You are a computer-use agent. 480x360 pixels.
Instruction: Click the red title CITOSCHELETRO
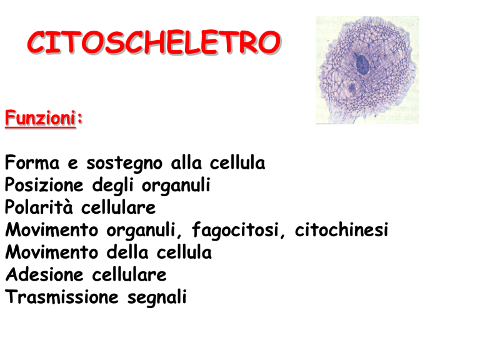click(x=154, y=42)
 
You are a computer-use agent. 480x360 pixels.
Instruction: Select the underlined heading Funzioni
click(x=40, y=118)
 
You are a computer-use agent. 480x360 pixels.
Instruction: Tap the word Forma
click(x=32, y=162)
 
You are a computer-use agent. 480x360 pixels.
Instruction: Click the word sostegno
click(x=124, y=164)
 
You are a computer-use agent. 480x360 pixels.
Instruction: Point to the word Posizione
click(x=44, y=185)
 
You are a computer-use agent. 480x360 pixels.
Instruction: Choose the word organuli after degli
click(x=176, y=186)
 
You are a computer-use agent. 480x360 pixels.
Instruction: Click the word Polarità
click(x=39, y=207)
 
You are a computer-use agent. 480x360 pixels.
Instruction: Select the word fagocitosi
click(x=236, y=230)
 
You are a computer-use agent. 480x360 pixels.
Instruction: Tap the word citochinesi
click(x=341, y=229)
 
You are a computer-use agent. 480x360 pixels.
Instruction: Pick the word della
click(x=127, y=252)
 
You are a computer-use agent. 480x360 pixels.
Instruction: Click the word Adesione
click(x=44, y=274)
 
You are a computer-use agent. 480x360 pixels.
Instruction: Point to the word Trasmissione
click(x=62, y=297)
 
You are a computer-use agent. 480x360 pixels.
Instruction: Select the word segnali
click(x=157, y=297)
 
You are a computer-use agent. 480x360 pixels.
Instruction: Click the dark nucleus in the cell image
click(x=362, y=64)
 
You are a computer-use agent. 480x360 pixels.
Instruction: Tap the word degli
click(x=112, y=186)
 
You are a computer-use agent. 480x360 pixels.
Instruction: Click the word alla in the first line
click(x=186, y=162)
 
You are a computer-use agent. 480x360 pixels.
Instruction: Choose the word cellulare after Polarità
click(x=118, y=207)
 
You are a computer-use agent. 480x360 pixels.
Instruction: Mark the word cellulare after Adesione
click(x=129, y=274)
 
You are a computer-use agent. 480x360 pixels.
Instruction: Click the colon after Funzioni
click(x=80, y=118)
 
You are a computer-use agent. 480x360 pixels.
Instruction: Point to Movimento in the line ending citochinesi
click(x=51, y=229)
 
